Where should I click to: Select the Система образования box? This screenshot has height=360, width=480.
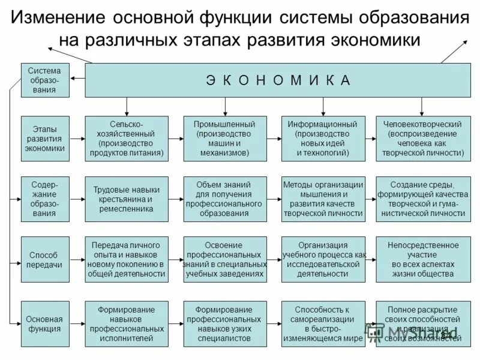click(45, 80)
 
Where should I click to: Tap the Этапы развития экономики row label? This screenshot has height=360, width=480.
click(45, 139)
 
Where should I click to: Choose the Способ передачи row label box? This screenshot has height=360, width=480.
click(45, 259)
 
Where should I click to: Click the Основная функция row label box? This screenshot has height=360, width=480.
click(45, 323)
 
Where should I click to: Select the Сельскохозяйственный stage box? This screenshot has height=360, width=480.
click(127, 139)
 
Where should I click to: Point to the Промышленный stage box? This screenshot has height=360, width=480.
click(225, 139)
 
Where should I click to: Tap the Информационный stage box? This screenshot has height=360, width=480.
click(323, 139)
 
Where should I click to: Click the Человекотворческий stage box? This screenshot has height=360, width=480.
click(423, 139)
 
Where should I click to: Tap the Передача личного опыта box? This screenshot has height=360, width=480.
click(127, 259)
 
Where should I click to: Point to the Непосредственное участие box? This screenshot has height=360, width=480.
click(423, 259)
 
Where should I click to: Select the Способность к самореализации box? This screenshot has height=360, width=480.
click(323, 323)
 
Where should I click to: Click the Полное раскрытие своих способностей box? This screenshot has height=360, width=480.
click(423, 323)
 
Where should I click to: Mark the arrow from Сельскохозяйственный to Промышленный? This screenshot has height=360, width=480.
click(176, 139)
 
